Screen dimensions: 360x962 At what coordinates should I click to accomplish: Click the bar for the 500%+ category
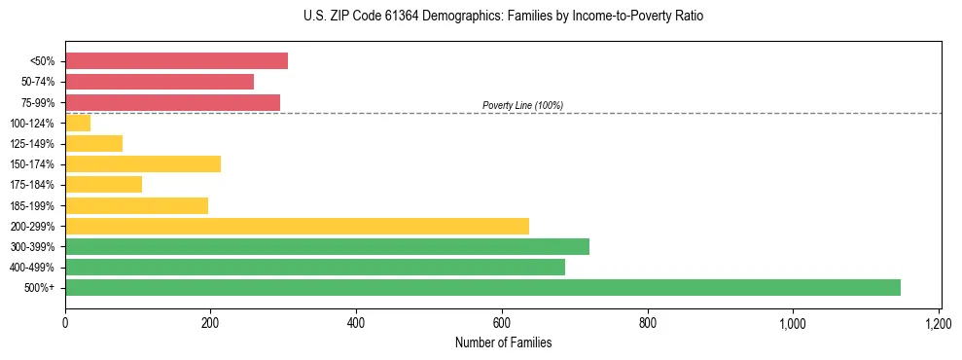(x=482, y=287)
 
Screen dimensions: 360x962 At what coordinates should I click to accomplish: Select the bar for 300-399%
(x=327, y=246)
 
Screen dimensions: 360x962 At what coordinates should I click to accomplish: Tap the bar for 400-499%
(x=315, y=267)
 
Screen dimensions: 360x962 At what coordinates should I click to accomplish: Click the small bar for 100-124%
(x=78, y=123)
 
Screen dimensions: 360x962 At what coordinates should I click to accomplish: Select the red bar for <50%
(x=176, y=61)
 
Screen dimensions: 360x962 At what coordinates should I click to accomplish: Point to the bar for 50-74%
(x=160, y=82)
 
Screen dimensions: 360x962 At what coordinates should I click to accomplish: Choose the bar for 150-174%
(x=143, y=163)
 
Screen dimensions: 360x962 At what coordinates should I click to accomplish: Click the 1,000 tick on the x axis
(x=793, y=322)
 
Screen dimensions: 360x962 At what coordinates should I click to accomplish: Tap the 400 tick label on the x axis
(x=356, y=322)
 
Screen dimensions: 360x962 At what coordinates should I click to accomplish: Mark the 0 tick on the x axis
(x=65, y=322)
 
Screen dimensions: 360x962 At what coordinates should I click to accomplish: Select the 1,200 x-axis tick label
(x=938, y=322)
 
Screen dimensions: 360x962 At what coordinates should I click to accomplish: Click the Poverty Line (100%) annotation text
(x=522, y=105)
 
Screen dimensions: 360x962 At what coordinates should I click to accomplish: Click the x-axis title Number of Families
(x=503, y=342)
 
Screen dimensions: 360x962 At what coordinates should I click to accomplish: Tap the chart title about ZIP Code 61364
(x=503, y=17)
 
